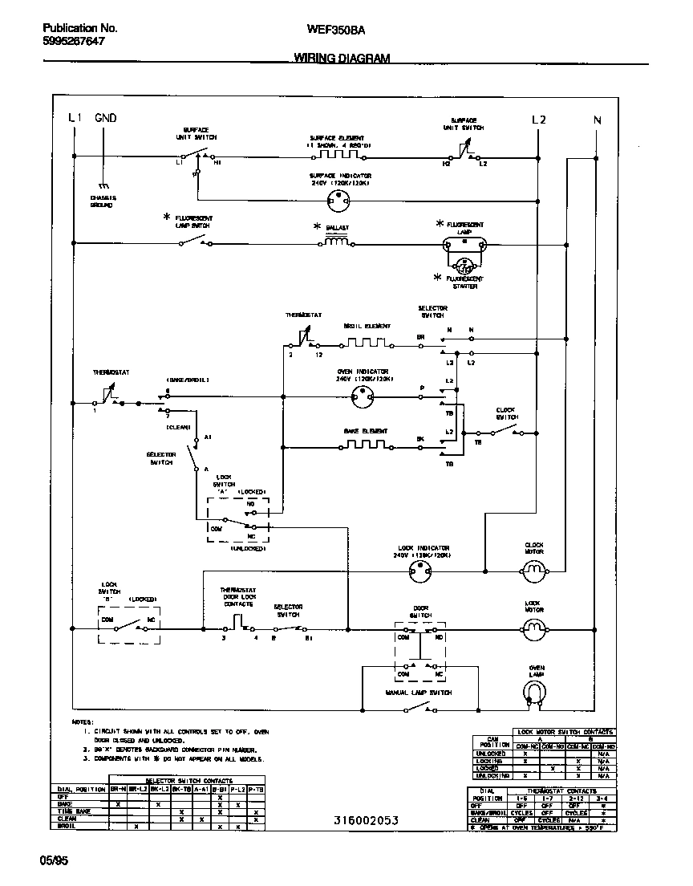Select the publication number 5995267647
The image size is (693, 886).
point(73,41)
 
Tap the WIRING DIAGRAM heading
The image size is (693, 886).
point(341,59)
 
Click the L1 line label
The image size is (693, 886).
point(75,118)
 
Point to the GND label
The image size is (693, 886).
point(105,118)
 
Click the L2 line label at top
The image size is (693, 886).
point(538,120)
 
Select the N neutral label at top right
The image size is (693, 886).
point(597,120)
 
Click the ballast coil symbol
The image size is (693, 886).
point(334,241)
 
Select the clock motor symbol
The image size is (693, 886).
point(533,571)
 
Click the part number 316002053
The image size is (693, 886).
point(366,820)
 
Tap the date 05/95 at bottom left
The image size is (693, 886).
point(54,860)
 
